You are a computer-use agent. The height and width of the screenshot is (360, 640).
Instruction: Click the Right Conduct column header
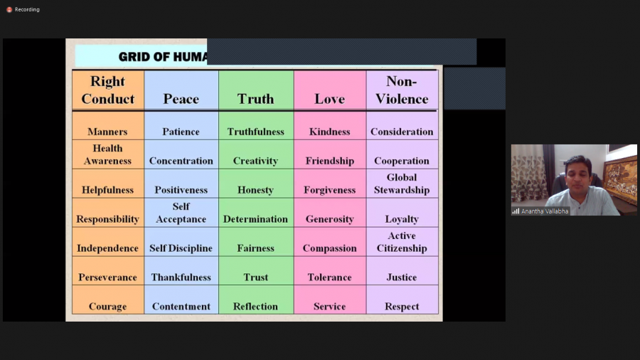(x=108, y=90)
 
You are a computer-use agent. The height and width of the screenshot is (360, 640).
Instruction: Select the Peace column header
(x=181, y=99)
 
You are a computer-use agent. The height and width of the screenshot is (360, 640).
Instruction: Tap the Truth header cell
(x=255, y=99)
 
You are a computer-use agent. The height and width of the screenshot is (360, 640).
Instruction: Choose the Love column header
(x=329, y=99)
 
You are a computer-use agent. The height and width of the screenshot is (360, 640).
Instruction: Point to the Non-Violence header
(x=402, y=90)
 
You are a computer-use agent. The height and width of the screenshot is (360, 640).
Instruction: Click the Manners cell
(x=107, y=132)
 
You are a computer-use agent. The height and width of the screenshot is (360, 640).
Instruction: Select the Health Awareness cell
(x=107, y=154)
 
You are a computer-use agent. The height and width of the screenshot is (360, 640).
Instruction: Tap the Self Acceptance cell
(x=181, y=213)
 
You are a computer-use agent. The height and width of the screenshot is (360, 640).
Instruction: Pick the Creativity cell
(x=255, y=161)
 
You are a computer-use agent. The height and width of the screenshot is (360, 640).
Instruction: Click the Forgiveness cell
(x=329, y=190)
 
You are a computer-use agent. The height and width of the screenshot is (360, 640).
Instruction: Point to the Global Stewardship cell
(x=402, y=184)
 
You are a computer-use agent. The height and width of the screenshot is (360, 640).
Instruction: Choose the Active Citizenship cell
(x=402, y=242)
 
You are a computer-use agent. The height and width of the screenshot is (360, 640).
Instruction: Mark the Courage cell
(x=107, y=307)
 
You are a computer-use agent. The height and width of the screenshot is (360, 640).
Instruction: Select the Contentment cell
(x=181, y=307)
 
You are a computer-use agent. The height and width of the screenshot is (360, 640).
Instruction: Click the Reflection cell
(x=255, y=307)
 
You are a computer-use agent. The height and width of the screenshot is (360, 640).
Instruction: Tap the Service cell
(x=329, y=307)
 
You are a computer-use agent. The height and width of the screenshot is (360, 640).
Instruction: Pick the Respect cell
(x=402, y=307)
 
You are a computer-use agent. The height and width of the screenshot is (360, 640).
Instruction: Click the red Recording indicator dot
(x=9, y=10)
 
